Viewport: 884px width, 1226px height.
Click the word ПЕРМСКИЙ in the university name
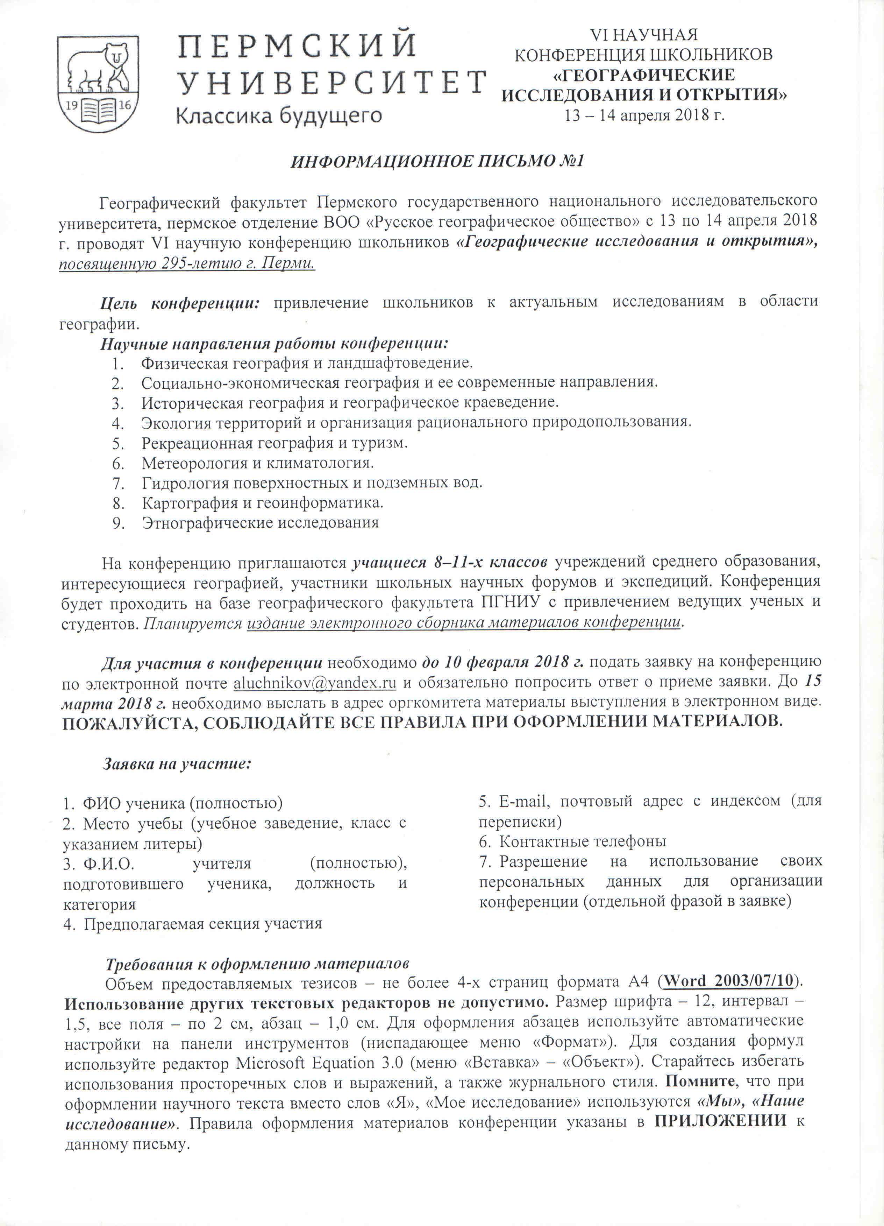[x=297, y=45]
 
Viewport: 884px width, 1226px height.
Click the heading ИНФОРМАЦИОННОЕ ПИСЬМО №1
[x=438, y=162]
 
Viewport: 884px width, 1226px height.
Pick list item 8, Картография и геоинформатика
[x=262, y=503]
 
